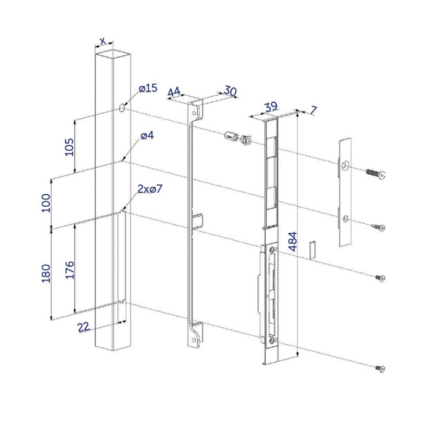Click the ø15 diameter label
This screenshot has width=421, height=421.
[148, 88]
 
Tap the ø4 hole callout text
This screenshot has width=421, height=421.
[147, 136]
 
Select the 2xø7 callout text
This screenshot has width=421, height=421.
[150, 189]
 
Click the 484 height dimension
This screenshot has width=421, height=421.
[293, 242]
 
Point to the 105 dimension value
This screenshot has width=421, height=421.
[69, 147]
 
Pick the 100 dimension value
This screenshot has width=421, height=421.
[46, 203]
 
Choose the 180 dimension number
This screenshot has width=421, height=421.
[46, 273]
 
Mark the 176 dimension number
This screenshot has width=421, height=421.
[69, 269]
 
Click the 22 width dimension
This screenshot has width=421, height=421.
[83, 327]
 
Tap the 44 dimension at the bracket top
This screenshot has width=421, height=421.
[174, 92]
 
